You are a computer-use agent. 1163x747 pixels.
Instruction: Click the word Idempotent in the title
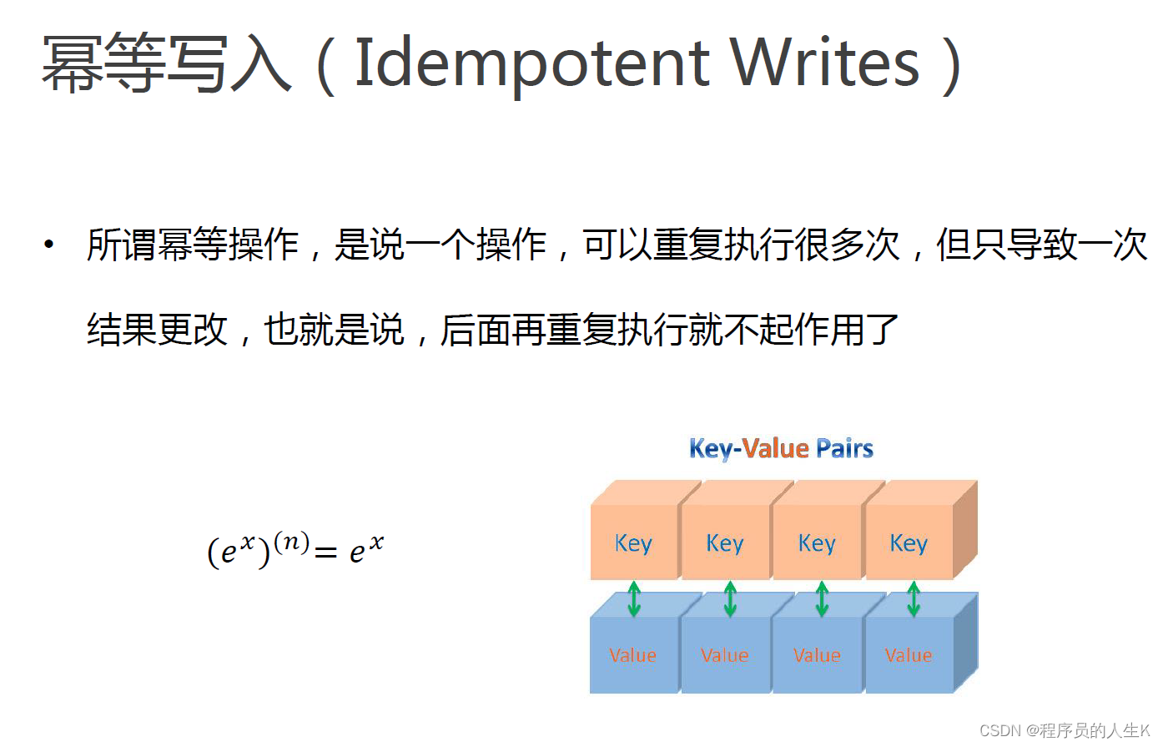point(533,64)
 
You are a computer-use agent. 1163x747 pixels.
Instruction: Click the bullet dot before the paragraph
point(48,245)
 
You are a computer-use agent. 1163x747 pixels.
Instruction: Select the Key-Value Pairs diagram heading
point(781,448)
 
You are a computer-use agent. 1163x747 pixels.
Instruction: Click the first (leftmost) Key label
point(633,543)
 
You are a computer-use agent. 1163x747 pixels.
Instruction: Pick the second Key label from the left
point(725,543)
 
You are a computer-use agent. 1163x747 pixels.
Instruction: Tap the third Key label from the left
point(817,543)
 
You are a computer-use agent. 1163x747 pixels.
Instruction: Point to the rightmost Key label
point(909,543)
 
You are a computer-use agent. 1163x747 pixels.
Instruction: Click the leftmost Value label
point(633,655)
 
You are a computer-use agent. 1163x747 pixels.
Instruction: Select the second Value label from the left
point(725,655)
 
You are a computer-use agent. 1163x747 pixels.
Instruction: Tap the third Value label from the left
point(817,655)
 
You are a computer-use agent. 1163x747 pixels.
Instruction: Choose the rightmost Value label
point(909,655)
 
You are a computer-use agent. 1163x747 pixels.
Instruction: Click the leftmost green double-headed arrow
point(634,599)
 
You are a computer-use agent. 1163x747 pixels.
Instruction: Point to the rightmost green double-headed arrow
point(914,599)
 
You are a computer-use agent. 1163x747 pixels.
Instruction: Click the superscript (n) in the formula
point(292,543)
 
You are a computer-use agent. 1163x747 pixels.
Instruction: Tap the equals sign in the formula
point(326,553)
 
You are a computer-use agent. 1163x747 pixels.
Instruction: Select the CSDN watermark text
point(1065,730)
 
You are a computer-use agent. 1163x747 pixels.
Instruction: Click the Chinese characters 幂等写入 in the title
point(166,63)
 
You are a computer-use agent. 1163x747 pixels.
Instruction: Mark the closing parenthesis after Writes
point(952,65)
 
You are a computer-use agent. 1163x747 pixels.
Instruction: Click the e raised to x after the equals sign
point(366,548)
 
